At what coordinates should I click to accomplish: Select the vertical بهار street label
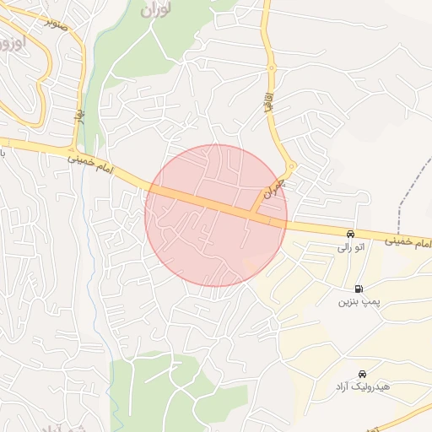[80, 116]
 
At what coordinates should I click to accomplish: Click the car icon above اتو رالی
[349, 234]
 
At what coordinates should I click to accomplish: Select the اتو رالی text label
[349, 247]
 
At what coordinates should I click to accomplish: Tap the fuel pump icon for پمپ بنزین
[359, 289]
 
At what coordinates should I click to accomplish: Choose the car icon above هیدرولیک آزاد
[362, 374]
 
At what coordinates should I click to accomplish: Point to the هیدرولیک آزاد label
[361, 387]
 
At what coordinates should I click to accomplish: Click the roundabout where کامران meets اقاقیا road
[290, 167]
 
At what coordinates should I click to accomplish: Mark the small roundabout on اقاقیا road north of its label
[272, 67]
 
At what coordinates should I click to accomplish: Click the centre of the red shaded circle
[216, 215]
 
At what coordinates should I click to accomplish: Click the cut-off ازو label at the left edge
[10, 40]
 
